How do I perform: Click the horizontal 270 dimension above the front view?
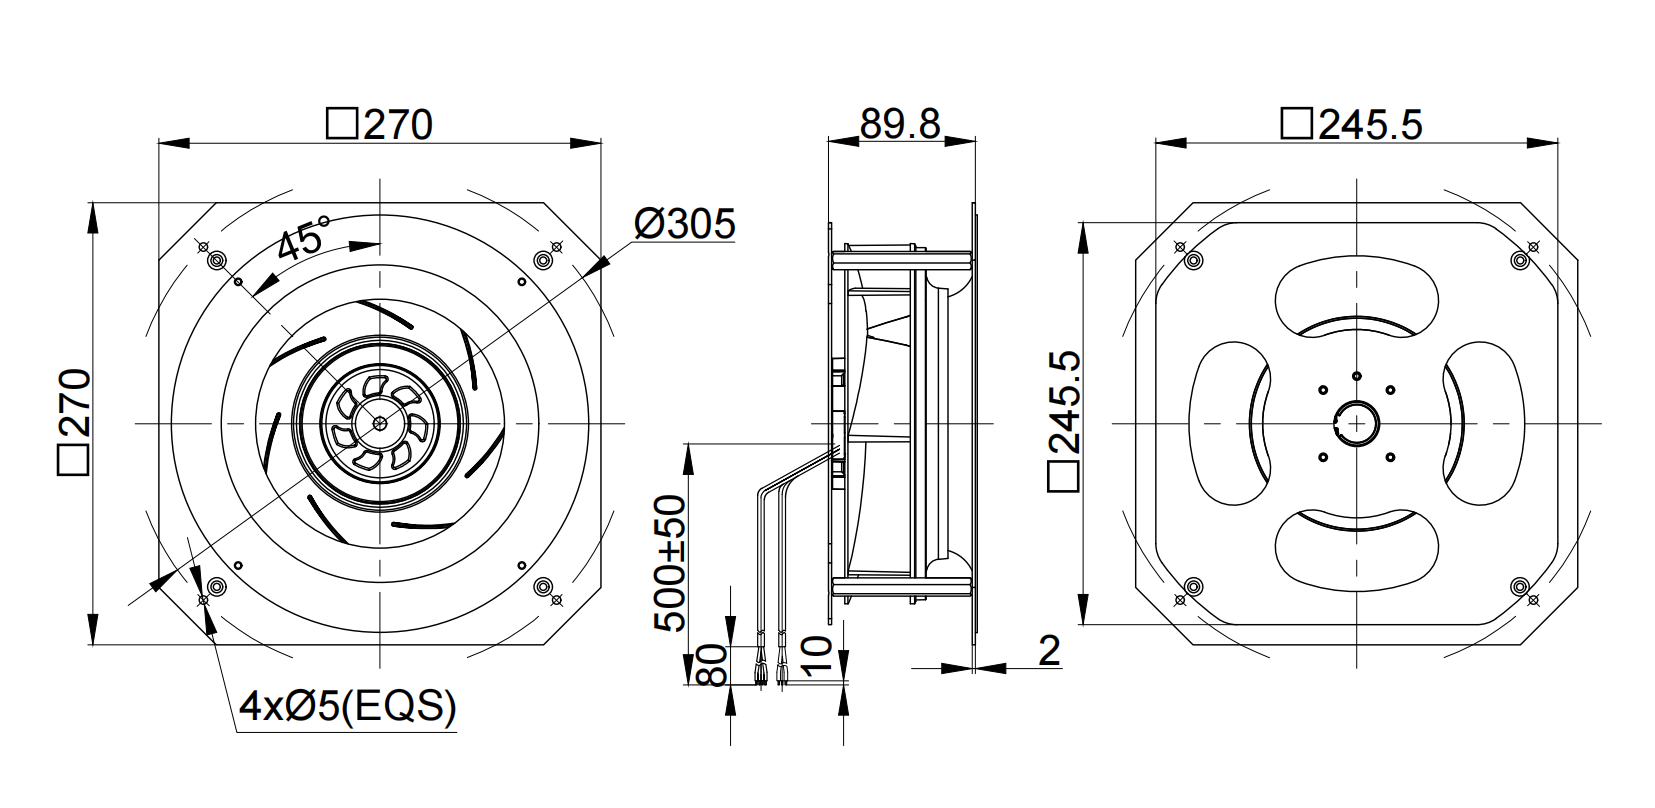[x=380, y=124]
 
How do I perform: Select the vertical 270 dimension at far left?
[x=74, y=422]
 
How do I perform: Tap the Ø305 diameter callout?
[x=685, y=223]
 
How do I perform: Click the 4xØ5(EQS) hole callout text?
[x=348, y=706]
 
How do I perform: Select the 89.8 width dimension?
[x=901, y=123]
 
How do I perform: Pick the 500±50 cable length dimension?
[x=670, y=564]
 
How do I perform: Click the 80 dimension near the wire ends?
[x=712, y=665]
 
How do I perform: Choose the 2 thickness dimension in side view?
[x=1049, y=651]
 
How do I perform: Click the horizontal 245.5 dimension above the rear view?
[x=1351, y=124]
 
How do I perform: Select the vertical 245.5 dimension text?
[x=1065, y=421]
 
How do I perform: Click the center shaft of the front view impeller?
[x=380, y=423]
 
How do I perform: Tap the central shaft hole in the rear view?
[x=1357, y=423]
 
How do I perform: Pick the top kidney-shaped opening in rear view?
[x=1357, y=300]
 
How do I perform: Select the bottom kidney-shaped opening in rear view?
[x=1357, y=549]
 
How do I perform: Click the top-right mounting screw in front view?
[x=543, y=260]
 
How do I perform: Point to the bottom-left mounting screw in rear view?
[x=1193, y=587]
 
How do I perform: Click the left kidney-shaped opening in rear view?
[x=1231, y=423]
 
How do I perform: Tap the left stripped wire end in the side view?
[x=760, y=666]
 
